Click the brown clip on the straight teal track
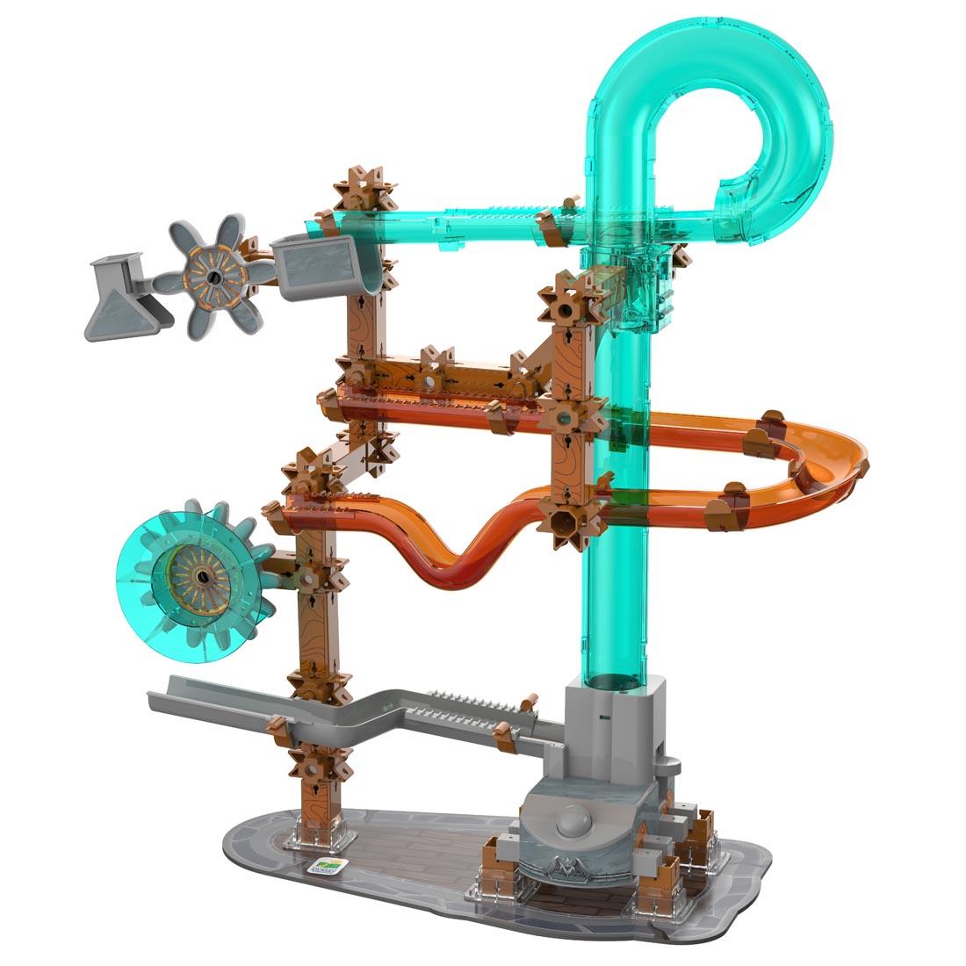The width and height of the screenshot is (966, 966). click(x=557, y=224)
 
